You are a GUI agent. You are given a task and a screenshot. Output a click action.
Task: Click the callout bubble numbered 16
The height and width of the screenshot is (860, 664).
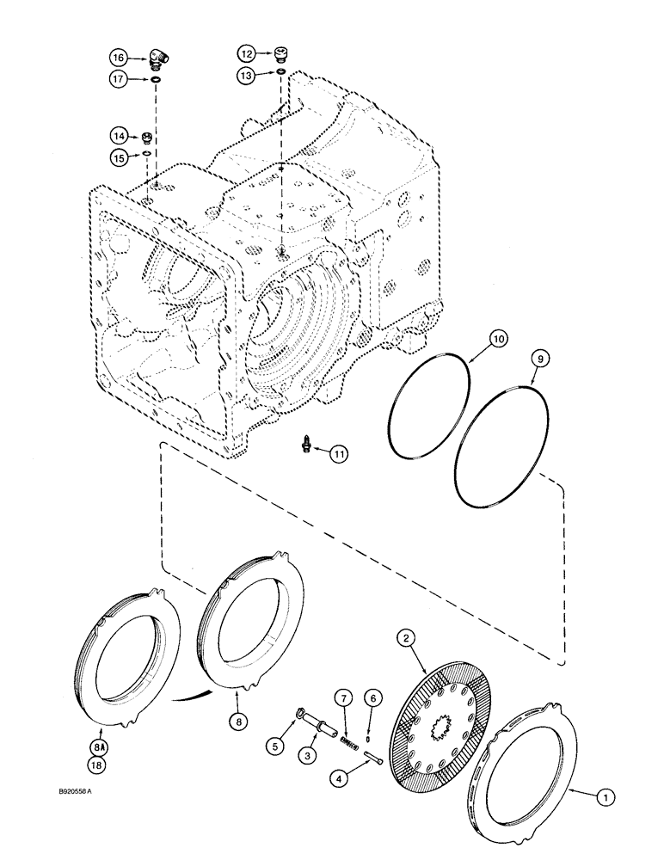119,57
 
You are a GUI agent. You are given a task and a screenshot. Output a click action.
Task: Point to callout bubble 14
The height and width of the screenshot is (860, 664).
119,135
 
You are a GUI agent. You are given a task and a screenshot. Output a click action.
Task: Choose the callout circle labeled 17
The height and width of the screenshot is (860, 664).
119,79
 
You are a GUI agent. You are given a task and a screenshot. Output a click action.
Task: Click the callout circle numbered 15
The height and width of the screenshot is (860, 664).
119,156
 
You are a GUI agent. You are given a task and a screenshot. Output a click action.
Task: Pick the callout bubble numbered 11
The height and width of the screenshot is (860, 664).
339,453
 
